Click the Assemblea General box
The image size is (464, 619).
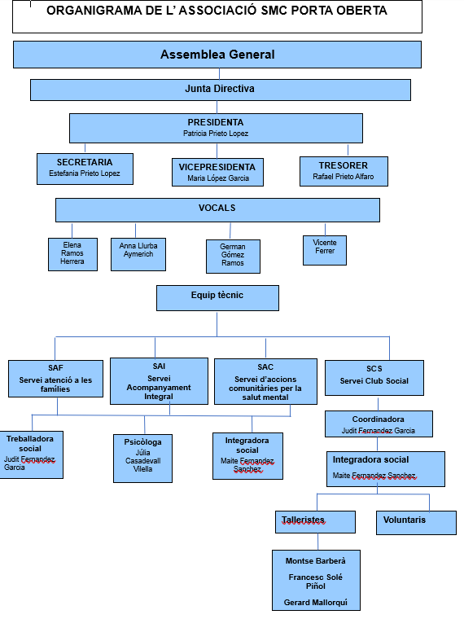click(217, 55)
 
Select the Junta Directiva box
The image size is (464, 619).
click(221, 90)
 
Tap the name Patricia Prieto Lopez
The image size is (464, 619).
click(216, 134)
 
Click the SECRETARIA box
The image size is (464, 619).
click(85, 169)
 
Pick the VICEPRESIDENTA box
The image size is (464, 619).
click(217, 172)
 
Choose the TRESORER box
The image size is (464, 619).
click(344, 171)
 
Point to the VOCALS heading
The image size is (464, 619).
click(217, 208)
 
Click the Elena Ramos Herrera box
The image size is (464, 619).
click(72, 254)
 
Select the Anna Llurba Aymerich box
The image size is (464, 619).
click(138, 254)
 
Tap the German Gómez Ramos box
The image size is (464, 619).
click(233, 257)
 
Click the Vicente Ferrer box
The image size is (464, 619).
click(325, 250)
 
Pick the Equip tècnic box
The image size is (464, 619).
click(217, 298)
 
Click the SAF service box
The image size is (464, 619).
click(55, 379)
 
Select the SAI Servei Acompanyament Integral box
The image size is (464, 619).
click(159, 381)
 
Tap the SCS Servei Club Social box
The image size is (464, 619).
click(374, 378)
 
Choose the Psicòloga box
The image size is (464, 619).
click(142, 459)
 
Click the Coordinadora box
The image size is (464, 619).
click(379, 424)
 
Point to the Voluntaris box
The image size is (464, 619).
click(416, 523)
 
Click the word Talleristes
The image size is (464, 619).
click(303, 520)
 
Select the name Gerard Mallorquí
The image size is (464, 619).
click(316, 603)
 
